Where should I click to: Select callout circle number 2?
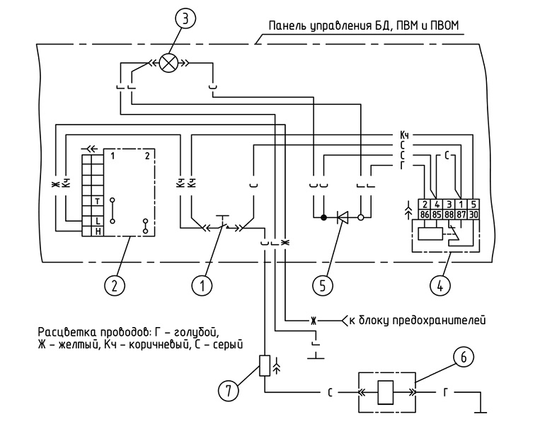115,286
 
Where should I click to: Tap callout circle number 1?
202,286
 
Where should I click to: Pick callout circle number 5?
323,286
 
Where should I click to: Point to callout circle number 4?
440,286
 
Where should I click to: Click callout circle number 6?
464,358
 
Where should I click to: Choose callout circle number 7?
229,391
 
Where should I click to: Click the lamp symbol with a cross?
168,64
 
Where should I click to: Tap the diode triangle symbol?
343,218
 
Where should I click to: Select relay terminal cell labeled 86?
425,215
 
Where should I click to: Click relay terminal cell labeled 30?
473,215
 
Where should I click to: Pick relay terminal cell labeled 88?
449,215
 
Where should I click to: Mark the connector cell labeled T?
98,201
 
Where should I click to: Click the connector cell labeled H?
98,231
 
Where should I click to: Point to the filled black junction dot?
324,218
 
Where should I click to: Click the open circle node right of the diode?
360,218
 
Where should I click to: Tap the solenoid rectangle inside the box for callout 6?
386,392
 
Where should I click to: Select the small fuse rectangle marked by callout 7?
265,366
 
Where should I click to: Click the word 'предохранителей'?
439,320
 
